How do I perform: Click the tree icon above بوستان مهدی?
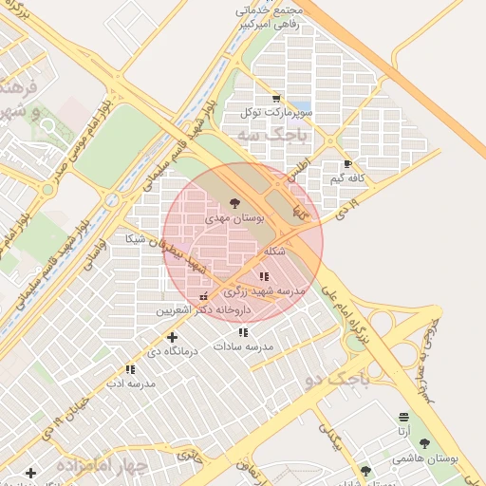234,202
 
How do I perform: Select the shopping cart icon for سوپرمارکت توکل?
276,98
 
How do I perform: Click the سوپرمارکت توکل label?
276,112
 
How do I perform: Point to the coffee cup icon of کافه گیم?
347,164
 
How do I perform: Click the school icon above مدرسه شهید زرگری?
263,276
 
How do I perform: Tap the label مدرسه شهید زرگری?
271,291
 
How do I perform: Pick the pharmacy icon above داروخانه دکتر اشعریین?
204,295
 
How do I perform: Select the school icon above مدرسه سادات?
243,332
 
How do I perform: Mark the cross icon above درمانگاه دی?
172,337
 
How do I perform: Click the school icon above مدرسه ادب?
129,369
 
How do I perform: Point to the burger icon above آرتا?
404,417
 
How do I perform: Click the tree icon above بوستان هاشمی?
424,442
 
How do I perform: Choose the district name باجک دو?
336,381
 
